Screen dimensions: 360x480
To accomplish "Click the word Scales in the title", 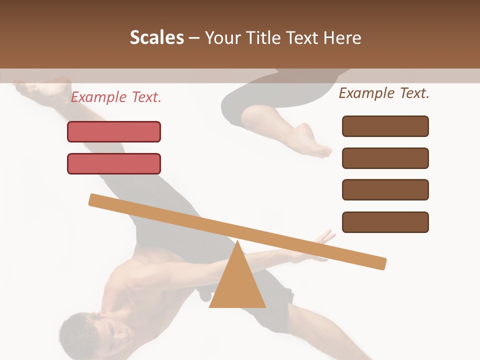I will [x=156, y=38].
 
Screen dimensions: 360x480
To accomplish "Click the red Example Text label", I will [x=116, y=97].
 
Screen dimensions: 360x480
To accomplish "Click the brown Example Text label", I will [x=384, y=93].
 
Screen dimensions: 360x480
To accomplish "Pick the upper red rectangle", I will [x=114, y=132].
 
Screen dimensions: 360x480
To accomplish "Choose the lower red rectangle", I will [x=114, y=164].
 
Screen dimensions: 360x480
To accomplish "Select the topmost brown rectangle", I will [x=385, y=126].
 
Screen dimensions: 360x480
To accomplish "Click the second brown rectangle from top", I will [x=385, y=158].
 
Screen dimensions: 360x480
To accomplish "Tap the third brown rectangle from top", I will [x=385, y=190].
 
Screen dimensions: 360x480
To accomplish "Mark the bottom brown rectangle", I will [x=385, y=222].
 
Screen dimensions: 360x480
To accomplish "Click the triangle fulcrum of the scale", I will [x=237, y=285].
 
